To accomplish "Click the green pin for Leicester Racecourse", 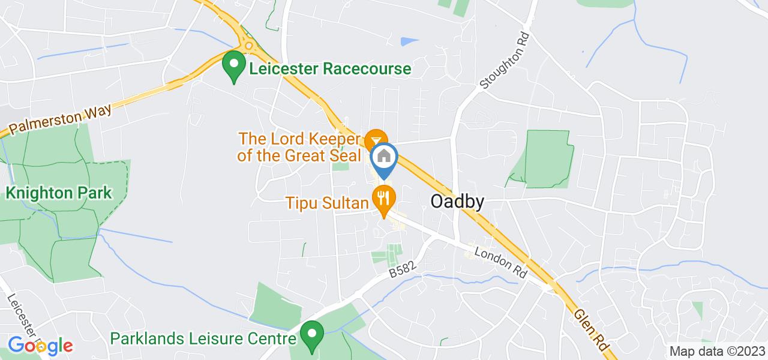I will [x=233, y=64].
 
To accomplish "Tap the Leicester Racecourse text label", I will [x=331, y=68].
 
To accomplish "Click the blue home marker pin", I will [x=384, y=158].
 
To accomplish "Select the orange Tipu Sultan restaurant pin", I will [x=383, y=198].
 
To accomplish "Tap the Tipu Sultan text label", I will [x=328, y=203].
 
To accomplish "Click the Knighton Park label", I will [x=59, y=193].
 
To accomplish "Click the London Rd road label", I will [x=500, y=262].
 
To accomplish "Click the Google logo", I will [x=40, y=346].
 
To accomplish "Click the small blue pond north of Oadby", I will [x=409, y=41].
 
